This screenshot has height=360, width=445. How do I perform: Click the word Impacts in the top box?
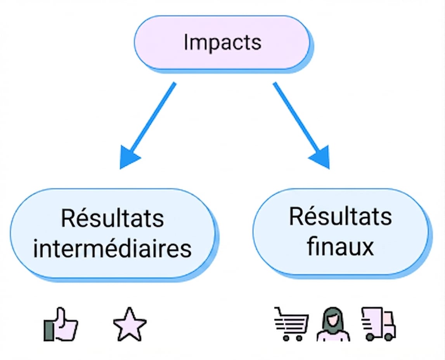point(223,43)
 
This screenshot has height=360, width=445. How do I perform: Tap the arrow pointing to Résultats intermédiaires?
point(147,126)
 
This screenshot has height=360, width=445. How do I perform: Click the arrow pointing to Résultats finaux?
point(301,126)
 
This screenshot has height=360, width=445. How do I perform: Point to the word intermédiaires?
point(113,249)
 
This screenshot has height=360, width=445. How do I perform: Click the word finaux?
point(340,246)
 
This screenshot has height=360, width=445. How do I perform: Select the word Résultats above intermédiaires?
point(113,218)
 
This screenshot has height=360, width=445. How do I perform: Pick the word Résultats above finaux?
point(340,216)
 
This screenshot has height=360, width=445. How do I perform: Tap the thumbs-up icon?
point(61,324)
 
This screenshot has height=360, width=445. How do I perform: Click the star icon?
point(130,324)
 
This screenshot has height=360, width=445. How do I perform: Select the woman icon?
point(333,324)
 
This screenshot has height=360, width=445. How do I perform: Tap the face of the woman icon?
point(333,320)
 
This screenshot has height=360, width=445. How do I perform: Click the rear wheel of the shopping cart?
point(286,338)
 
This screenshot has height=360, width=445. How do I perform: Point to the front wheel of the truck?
point(389,337)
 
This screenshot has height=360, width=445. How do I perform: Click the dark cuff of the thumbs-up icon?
point(48,330)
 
